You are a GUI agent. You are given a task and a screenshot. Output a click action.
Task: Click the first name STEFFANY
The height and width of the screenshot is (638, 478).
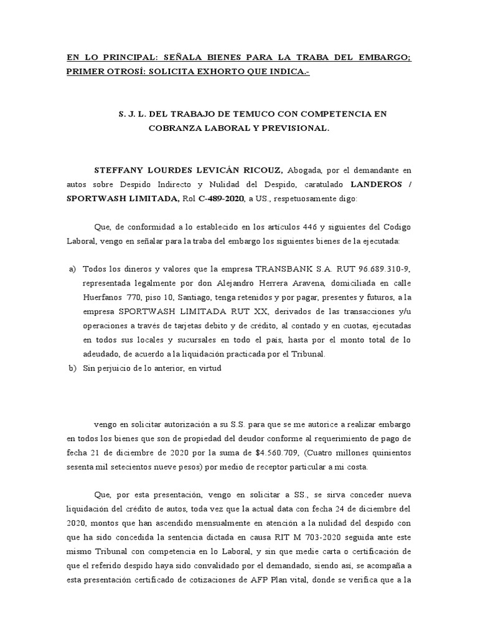click(x=118, y=169)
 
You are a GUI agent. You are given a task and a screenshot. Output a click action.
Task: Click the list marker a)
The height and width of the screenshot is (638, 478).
click(x=70, y=269)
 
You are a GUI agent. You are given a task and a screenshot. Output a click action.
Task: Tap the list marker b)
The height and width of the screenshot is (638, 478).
click(x=70, y=368)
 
